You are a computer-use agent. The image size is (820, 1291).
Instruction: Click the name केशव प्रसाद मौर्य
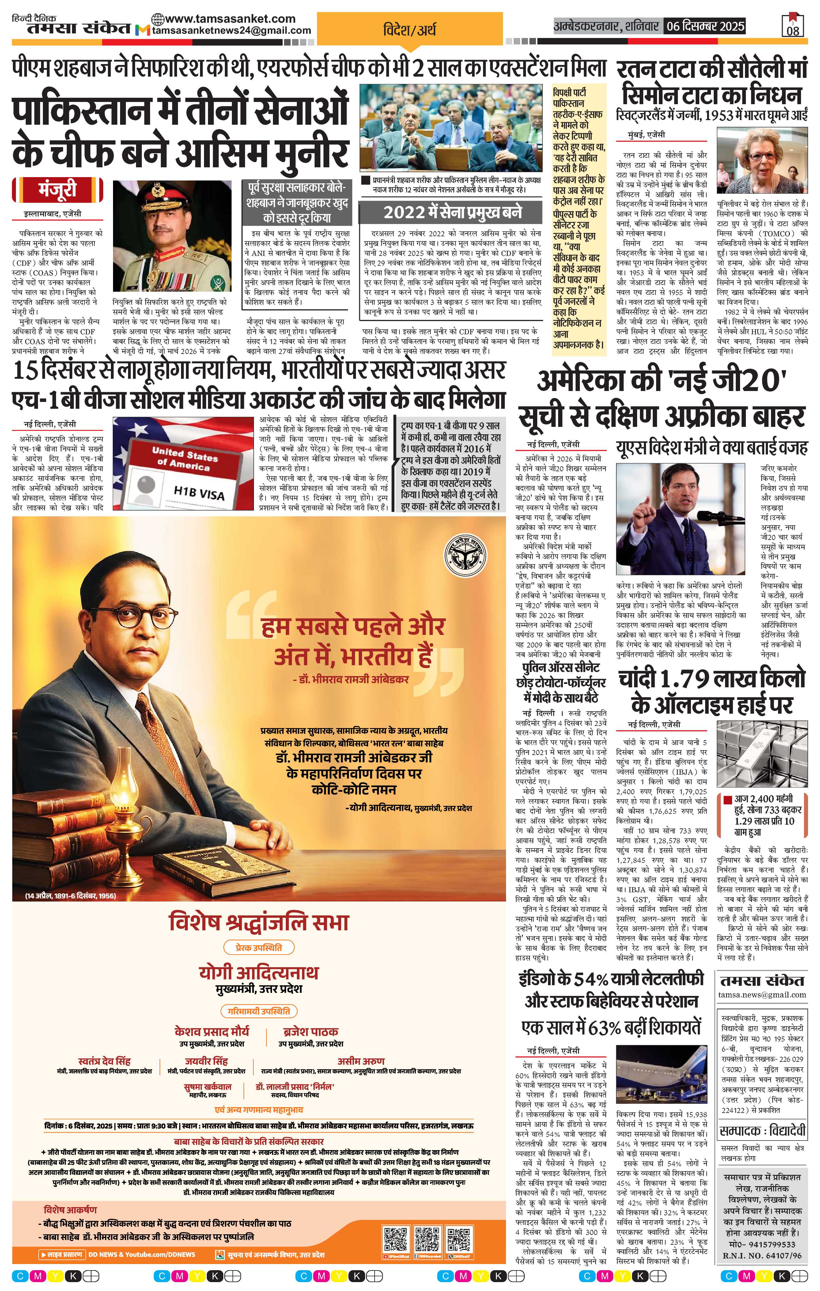pyautogui.click(x=212, y=1031)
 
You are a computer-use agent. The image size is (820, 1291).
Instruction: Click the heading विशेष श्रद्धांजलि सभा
pyautogui.click(x=259, y=922)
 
